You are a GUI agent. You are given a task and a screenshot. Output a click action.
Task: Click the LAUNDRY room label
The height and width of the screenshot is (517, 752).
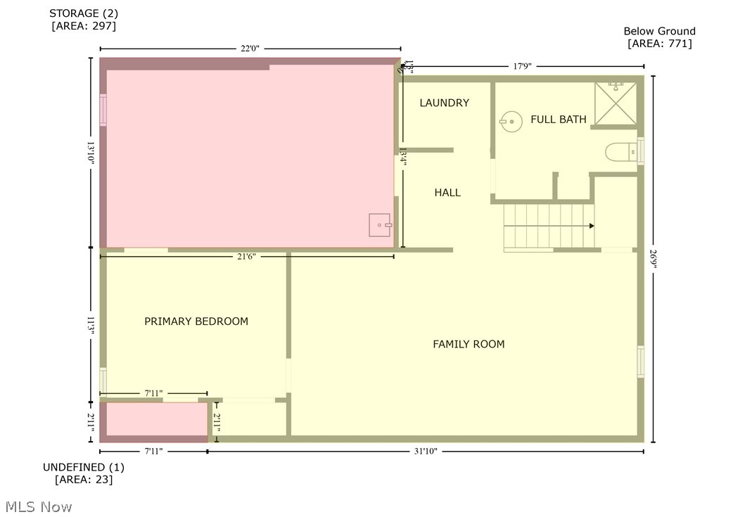[444, 103]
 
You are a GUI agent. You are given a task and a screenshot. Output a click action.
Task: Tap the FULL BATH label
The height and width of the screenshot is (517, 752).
[558, 120]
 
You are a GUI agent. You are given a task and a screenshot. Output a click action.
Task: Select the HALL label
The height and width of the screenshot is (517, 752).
[447, 192]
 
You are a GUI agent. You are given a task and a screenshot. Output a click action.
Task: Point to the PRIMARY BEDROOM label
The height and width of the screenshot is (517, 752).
[196, 321]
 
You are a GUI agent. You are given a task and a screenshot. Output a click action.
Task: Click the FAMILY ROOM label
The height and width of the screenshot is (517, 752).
[469, 344]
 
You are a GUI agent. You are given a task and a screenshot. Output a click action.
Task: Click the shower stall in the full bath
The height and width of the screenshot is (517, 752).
[616, 103]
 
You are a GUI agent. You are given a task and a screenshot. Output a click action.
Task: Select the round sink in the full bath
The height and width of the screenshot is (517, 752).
[511, 122]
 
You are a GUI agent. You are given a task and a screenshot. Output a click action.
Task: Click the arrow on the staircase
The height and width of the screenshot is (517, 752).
[591, 226]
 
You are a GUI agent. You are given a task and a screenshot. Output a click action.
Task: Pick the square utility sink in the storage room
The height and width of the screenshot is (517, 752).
[381, 225]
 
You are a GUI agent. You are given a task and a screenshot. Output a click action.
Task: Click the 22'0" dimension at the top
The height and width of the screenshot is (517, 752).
[250, 49]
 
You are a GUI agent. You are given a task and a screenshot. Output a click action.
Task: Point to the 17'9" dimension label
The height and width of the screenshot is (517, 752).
[521, 66]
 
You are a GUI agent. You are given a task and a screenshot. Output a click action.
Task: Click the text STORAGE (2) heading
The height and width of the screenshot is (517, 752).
[84, 13]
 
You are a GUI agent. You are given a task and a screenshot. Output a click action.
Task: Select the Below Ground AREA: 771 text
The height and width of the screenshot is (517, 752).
[659, 37]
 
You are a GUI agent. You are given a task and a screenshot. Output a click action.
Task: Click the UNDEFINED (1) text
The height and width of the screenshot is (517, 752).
[84, 467]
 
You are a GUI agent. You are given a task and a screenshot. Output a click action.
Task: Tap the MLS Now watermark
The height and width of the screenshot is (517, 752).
[38, 506]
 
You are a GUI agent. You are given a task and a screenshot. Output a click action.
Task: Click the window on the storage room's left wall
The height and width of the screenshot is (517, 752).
[103, 110]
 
